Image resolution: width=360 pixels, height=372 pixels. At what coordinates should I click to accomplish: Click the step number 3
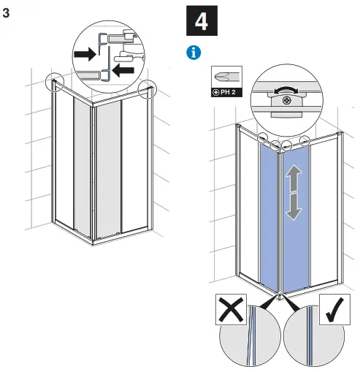point(7,13)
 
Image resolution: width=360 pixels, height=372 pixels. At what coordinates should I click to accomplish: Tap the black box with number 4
point(202,20)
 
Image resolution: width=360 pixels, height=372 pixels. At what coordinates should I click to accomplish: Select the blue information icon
point(194,53)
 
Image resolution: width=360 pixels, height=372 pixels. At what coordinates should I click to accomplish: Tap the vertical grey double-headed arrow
point(293,191)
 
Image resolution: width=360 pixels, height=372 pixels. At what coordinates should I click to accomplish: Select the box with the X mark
point(231,310)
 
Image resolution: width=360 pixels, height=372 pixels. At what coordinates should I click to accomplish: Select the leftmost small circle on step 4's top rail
point(261,137)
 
